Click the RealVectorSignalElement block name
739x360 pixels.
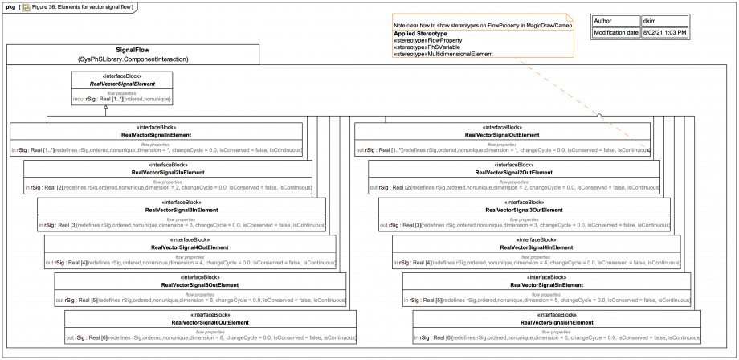pos(122,84)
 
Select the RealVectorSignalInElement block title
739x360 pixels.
pos(156,135)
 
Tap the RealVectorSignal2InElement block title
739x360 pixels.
pos(168,173)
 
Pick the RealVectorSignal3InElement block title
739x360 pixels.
pos(182,210)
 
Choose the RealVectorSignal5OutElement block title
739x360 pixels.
pos(200,284)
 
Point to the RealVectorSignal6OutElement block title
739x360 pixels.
pos(210,322)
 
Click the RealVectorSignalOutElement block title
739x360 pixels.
pos(502,135)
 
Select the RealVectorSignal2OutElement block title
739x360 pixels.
pos(514,173)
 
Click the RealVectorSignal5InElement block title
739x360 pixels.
pos(547,284)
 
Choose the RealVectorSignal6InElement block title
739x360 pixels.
pos(557,322)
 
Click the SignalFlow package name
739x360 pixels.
pos(133,50)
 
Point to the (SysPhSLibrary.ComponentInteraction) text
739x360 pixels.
pos(133,59)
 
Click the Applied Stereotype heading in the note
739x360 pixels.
pos(420,34)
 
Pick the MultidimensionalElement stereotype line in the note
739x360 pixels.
pos(443,54)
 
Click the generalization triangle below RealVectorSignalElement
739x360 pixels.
pos(47,117)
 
